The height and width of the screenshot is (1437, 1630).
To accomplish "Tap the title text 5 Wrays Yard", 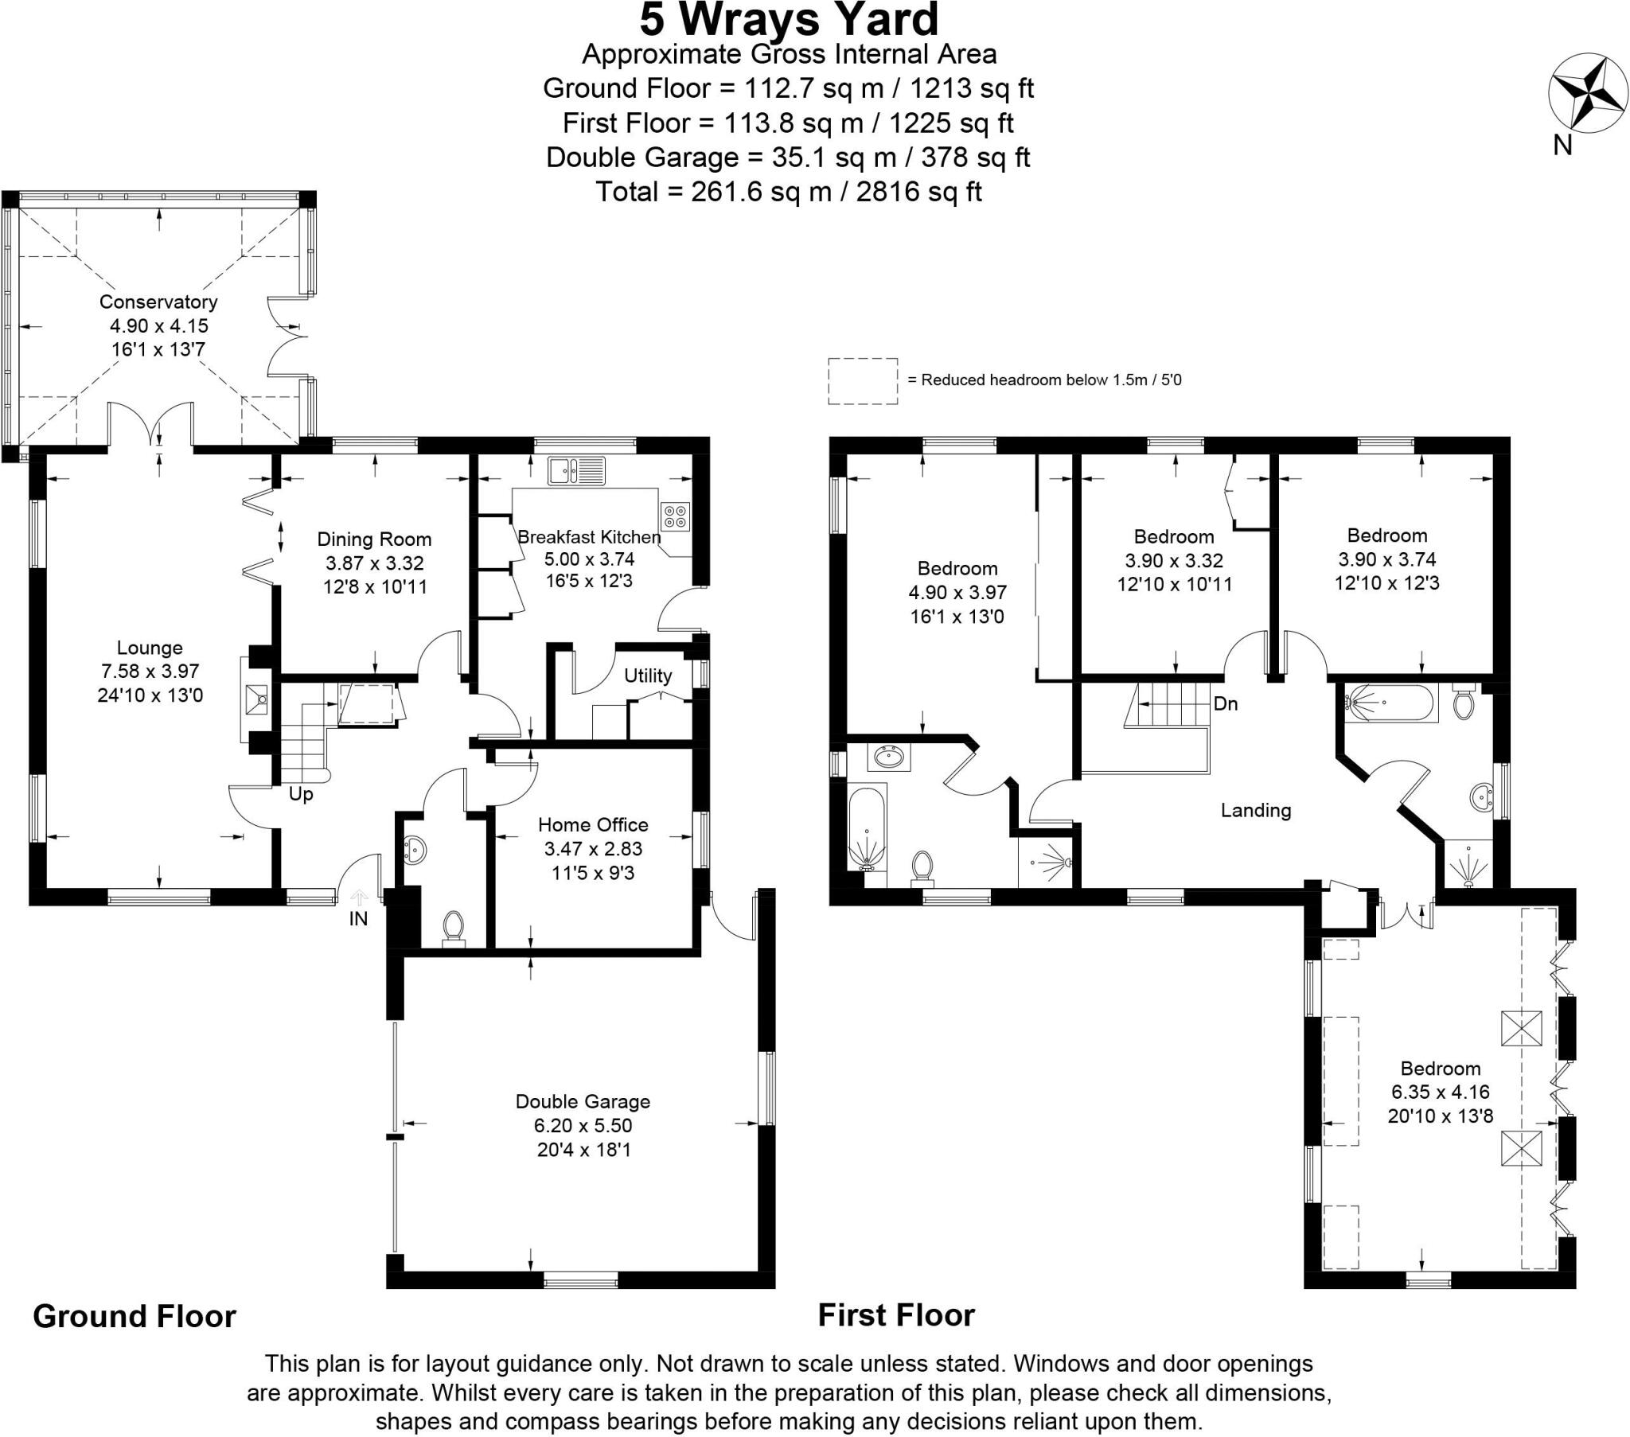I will pyautogui.click(x=789, y=21).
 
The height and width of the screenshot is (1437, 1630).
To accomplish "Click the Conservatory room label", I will pyautogui.click(x=158, y=302).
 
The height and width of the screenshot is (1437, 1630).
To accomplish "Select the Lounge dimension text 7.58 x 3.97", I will pyautogui.click(x=150, y=672).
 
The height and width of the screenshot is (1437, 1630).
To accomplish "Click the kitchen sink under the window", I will pyautogui.click(x=575, y=470).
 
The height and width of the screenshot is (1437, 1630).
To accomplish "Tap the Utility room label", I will pyautogui.click(x=648, y=676).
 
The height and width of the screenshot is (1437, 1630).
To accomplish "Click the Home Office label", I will pyautogui.click(x=592, y=824).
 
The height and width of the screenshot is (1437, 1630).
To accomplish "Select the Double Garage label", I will pyautogui.click(x=583, y=1101).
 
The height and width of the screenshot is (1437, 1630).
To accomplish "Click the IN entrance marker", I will pyautogui.click(x=358, y=919).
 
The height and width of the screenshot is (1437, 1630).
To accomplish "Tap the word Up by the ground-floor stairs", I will pyautogui.click(x=301, y=794).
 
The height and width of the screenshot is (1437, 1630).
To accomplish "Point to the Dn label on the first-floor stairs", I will pyautogui.click(x=1225, y=703).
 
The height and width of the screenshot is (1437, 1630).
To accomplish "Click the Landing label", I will pyautogui.click(x=1255, y=810).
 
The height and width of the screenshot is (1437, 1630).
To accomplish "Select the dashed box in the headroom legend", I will pyautogui.click(x=862, y=380).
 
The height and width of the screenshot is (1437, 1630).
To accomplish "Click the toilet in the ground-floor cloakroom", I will pyautogui.click(x=453, y=928).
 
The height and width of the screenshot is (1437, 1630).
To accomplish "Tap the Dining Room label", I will pyautogui.click(x=374, y=539).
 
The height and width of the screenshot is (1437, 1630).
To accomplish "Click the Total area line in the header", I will pyautogui.click(x=789, y=192).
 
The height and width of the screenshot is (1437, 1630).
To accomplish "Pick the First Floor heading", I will pyautogui.click(x=895, y=1315).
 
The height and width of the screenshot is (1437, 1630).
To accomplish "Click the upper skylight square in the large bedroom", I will pyautogui.click(x=1521, y=1029).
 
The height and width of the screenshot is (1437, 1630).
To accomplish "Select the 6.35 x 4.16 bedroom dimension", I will pyautogui.click(x=1441, y=1092).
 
